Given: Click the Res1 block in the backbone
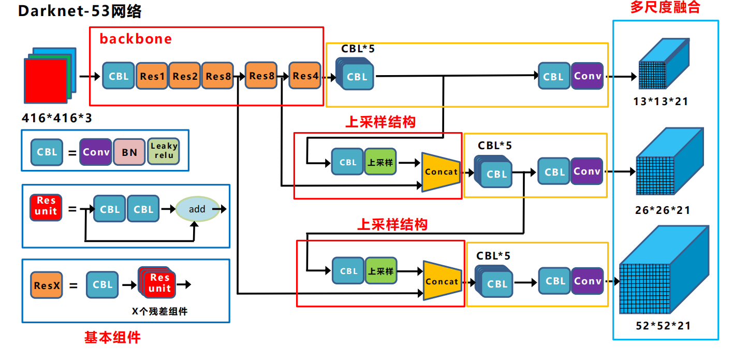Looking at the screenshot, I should pos(152,76).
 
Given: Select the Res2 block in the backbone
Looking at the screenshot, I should pos(185,76).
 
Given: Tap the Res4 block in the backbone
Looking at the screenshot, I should pos(305,76).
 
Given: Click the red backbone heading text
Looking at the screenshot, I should pos(136,39).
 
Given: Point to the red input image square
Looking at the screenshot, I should pos(46,81).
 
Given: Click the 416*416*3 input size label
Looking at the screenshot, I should pos(57,118).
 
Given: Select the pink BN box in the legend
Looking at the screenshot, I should pos(129,152).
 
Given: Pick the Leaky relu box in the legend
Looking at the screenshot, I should pos(164,151).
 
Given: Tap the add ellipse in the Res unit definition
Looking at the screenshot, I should pos(197,209).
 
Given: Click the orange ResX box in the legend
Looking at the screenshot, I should pos(47,285).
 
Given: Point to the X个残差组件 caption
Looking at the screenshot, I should pos(159,311).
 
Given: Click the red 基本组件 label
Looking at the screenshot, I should pos(112,338).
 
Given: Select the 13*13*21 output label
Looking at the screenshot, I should pos(661,102).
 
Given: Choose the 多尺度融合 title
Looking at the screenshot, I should pos(665,8).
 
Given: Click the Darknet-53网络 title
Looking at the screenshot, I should pos(80,11).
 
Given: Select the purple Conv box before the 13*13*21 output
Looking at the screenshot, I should pos(588,76).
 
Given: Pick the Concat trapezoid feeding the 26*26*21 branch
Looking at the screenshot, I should pos(441,171).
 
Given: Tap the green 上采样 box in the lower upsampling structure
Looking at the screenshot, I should pos(381,271).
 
